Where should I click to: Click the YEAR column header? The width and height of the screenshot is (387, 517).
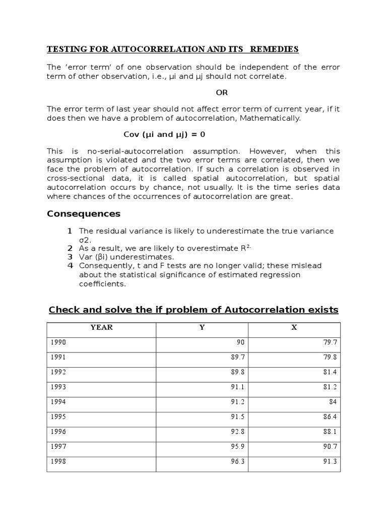click(x=101, y=327)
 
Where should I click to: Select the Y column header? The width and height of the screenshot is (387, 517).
click(x=202, y=327)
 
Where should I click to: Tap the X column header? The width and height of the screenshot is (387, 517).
click(x=294, y=327)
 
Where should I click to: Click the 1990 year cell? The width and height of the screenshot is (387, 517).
click(x=58, y=342)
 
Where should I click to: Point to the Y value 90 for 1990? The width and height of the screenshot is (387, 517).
click(x=240, y=342)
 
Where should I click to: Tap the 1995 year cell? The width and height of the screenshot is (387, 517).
click(x=58, y=417)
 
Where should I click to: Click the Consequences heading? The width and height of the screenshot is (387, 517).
click(x=84, y=214)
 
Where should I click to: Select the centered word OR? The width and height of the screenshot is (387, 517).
click(x=222, y=93)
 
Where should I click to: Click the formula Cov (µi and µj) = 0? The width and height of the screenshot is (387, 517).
click(x=164, y=135)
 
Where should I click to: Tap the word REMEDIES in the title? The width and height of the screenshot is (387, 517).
click(x=277, y=49)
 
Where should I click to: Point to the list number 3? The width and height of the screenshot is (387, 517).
click(x=70, y=257)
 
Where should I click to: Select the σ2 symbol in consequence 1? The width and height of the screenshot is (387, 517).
click(x=85, y=239)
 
